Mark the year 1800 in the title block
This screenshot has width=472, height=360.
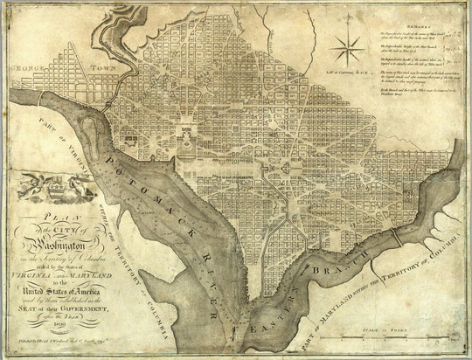[61, 331]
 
